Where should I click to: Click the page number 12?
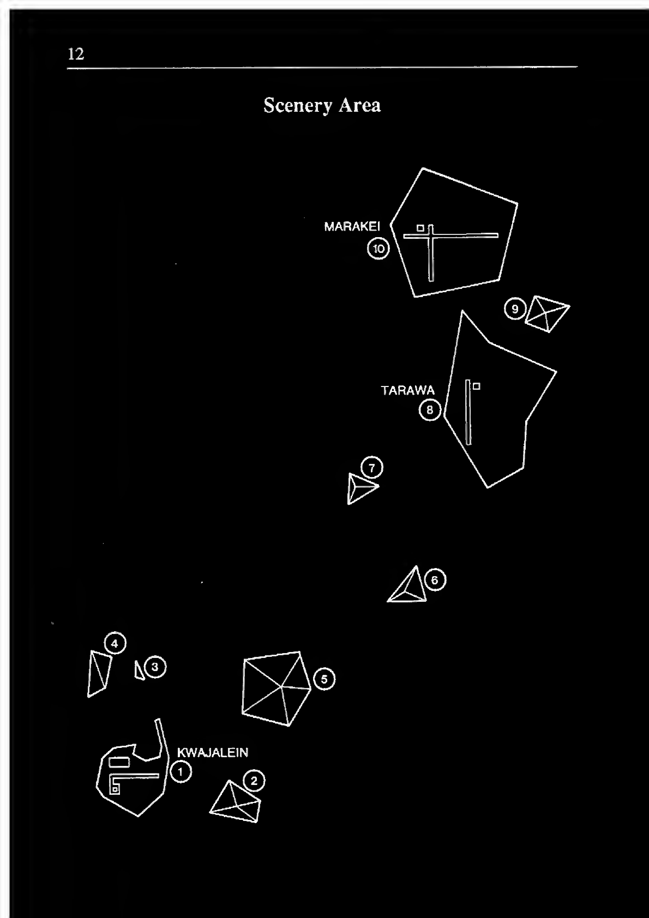click(76, 54)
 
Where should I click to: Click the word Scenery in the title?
click(297, 105)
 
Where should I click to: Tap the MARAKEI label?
click(352, 226)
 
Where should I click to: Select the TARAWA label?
click(407, 390)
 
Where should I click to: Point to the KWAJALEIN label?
click(213, 753)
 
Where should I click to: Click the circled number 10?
click(378, 249)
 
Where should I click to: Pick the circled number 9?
click(515, 310)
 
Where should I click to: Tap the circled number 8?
click(430, 409)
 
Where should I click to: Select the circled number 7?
click(372, 468)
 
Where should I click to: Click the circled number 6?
click(435, 579)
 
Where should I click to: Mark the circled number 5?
click(324, 679)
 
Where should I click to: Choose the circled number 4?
click(115, 643)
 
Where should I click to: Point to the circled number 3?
click(155, 667)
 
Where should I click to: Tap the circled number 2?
click(254, 781)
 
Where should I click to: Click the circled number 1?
click(181, 771)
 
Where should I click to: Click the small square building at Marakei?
click(420, 228)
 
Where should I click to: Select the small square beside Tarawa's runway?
click(477, 386)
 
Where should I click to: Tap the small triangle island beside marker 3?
click(139, 671)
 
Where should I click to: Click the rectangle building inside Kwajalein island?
click(119, 762)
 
